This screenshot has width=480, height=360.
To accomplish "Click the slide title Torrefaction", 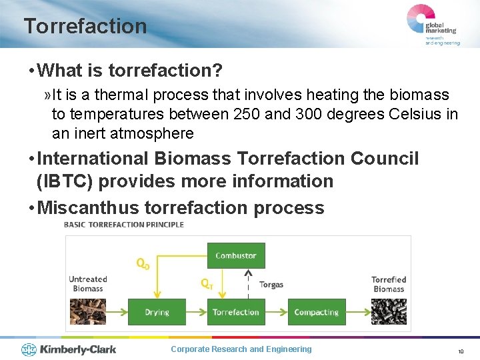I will (x=85, y=26).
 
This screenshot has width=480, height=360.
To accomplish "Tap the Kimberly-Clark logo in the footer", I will (x=69, y=349).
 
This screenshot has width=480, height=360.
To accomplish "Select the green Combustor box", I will (x=235, y=255).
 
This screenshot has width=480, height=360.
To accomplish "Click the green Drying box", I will (x=157, y=312).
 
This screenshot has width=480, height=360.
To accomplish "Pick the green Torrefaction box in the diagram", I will (x=235, y=312).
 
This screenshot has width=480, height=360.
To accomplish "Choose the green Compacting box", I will (x=316, y=312).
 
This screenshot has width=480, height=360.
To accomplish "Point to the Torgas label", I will (x=271, y=285).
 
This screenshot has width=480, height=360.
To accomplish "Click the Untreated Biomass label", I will (x=87, y=284).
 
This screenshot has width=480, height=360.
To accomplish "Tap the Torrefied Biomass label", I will (x=389, y=284).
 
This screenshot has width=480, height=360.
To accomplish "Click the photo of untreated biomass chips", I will (x=87, y=311).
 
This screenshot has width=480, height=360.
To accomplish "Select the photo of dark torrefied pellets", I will (x=389, y=311).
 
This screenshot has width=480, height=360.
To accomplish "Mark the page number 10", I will (x=460, y=351).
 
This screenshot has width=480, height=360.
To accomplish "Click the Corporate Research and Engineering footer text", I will (x=241, y=349).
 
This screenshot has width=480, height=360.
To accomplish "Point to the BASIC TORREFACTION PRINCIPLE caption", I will (x=123, y=225).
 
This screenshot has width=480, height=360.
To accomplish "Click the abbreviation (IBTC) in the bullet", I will (x=63, y=181).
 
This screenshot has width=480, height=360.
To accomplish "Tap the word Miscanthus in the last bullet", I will (x=88, y=208).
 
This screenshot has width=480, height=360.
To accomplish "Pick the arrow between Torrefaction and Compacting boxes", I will (x=276, y=312).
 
